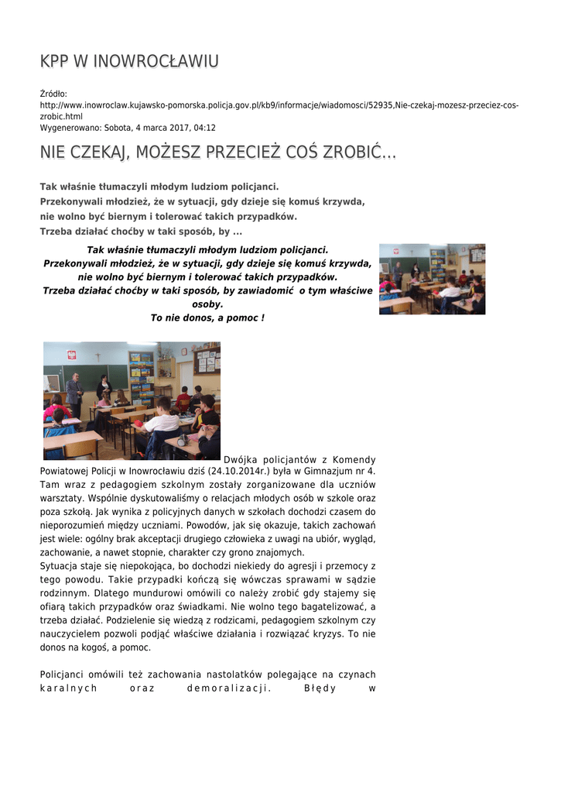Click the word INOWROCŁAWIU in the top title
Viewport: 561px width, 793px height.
pyautogui.click(x=156, y=61)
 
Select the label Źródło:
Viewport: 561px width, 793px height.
pyautogui.click(x=54, y=94)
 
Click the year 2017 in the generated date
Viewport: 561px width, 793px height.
pyautogui.click(x=175, y=128)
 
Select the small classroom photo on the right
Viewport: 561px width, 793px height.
pyautogui.click(x=432, y=279)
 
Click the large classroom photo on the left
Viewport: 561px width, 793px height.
pyautogui.click(x=132, y=400)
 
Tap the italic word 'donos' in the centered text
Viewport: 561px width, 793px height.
pyautogui.click(x=190, y=318)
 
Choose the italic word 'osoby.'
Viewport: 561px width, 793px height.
pyautogui.click(x=207, y=304)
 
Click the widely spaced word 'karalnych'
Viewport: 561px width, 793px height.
pyautogui.click(x=69, y=688)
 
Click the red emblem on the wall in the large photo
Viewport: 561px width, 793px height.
pyautogui.click(x=72, y=355)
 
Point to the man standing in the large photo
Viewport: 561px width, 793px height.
pyautogui.click(x=75, y=393)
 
